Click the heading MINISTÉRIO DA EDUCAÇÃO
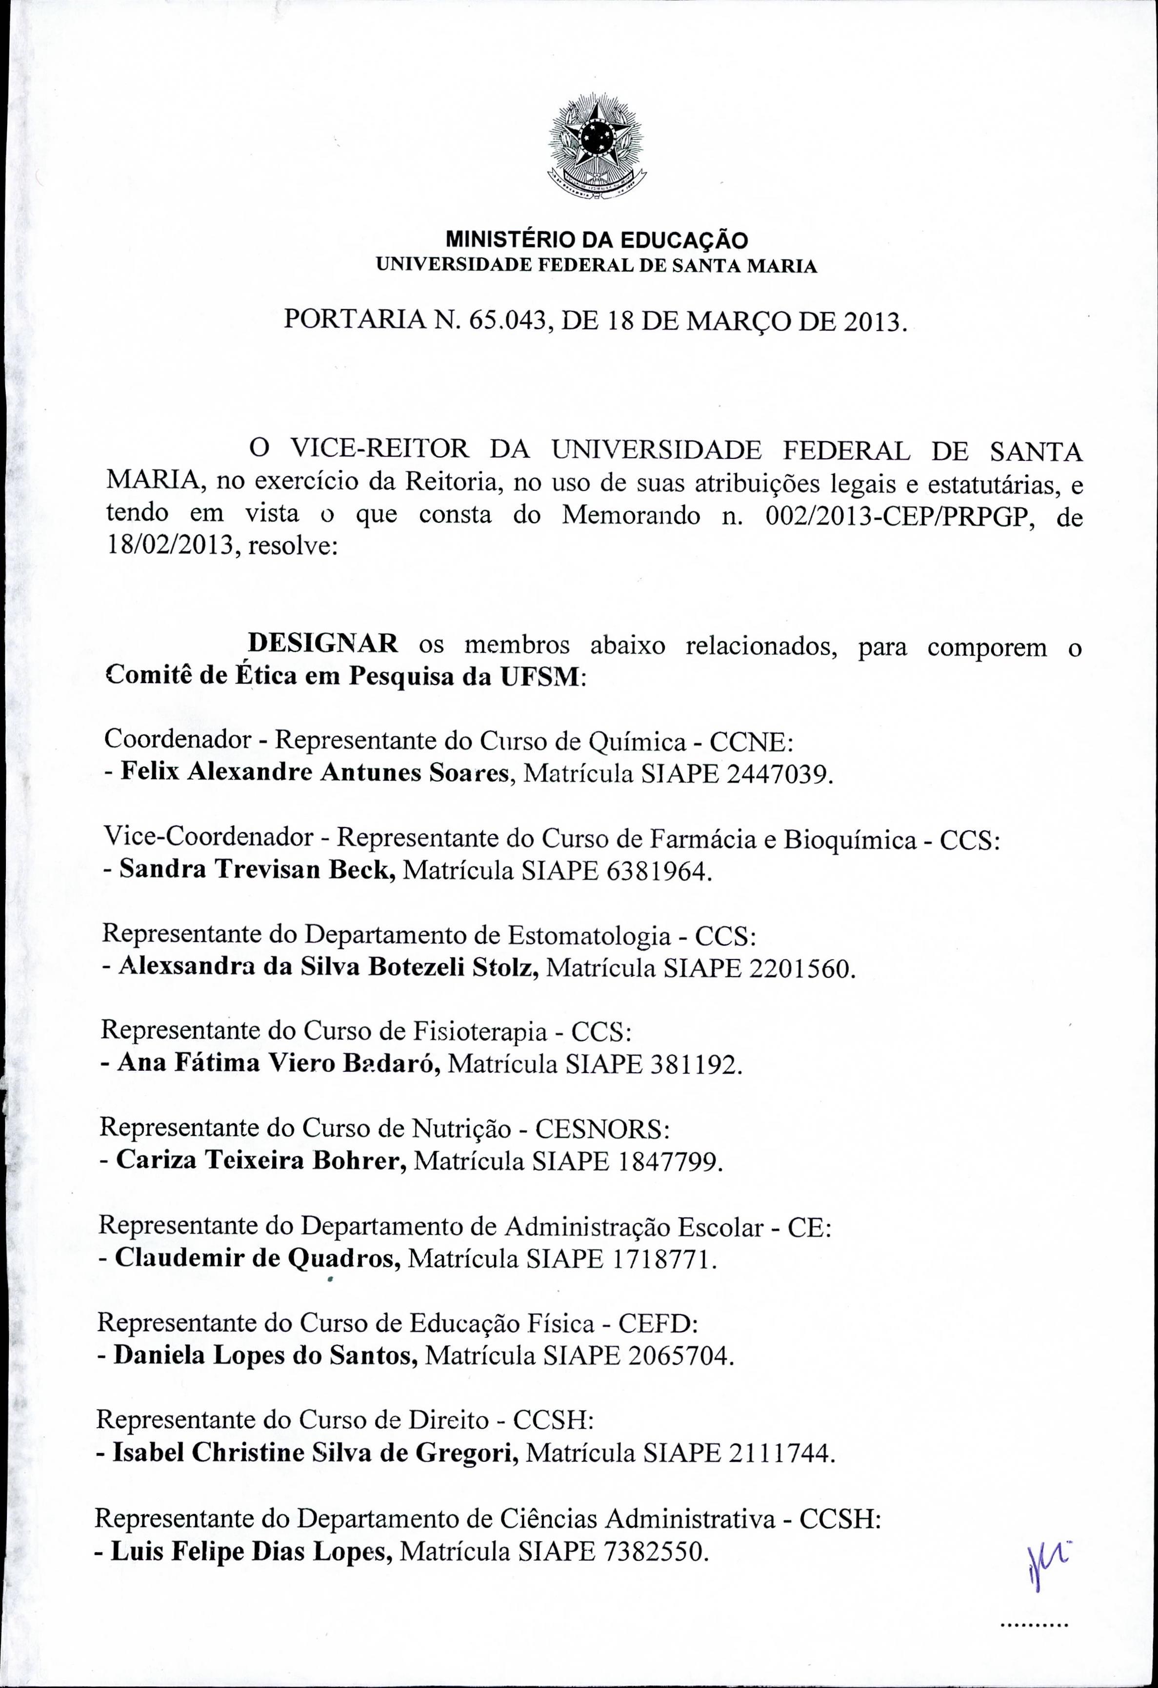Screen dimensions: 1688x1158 [x=596, y=239]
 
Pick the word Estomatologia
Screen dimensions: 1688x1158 [x=589, y=936]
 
